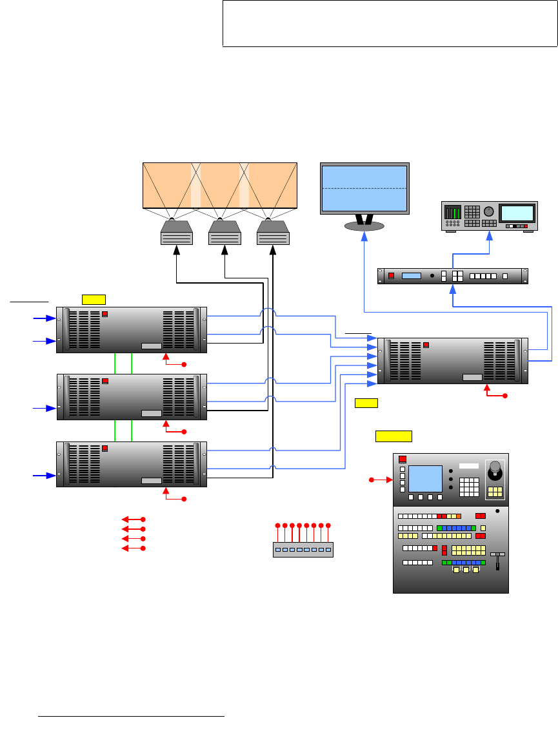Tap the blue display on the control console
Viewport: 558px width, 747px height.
425,478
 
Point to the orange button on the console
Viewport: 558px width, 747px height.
459,516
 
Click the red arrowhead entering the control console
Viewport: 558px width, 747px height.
389,480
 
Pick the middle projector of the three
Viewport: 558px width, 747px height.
224,233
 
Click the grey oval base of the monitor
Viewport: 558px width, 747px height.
364,226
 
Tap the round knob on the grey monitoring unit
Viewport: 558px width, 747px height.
489,211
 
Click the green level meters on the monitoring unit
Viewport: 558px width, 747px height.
453,213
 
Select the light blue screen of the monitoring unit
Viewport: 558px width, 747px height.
517,213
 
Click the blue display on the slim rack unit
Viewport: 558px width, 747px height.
411,276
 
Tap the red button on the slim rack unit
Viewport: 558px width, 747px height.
391,276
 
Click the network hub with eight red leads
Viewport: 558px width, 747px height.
303,549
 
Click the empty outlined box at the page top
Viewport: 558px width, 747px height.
390,23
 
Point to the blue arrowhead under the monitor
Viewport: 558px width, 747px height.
364,238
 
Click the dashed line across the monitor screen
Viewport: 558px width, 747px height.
364,188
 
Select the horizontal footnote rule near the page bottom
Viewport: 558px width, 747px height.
131,715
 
